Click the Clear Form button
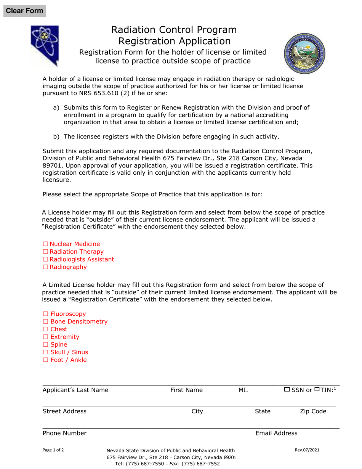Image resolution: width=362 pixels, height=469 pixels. click(24, 11)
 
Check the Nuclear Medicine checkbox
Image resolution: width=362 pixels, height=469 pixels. click(46, 244)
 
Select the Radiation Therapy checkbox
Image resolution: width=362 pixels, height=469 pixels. click(46, 252)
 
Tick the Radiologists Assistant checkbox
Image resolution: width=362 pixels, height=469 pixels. click(46, 259)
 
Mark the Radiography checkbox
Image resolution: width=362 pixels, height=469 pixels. click(46, 267)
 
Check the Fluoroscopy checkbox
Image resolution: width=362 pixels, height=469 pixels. click(46, 314)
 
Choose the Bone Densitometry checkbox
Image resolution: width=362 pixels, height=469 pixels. click(46, 321)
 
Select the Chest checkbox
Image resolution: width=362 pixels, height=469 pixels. click(46, 329)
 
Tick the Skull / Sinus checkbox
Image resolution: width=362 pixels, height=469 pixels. click(46, 352)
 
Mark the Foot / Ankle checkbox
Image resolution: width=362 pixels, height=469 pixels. click(46, 360)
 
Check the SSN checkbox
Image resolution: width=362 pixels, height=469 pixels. click(287, 390)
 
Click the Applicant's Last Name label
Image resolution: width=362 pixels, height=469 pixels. click(75, 390)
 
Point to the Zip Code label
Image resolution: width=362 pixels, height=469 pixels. click(313, 411)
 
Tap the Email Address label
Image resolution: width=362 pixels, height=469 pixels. click(276, 433)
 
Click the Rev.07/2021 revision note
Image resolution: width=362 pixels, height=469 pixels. click(307, 450)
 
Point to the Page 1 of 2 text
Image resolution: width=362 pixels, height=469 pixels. click(53, 450)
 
